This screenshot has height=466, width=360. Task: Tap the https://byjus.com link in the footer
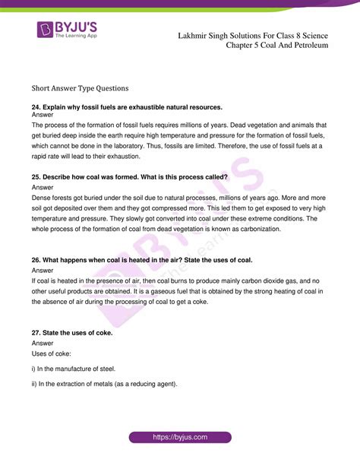pos(179,438)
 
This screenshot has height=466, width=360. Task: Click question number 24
pos(36,106)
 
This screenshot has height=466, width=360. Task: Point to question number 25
pos(36,176)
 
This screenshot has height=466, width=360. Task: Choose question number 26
pos(36,260)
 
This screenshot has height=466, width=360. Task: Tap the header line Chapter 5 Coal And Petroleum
pos(277,46)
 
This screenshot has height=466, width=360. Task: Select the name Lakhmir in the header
pos(195,35)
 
